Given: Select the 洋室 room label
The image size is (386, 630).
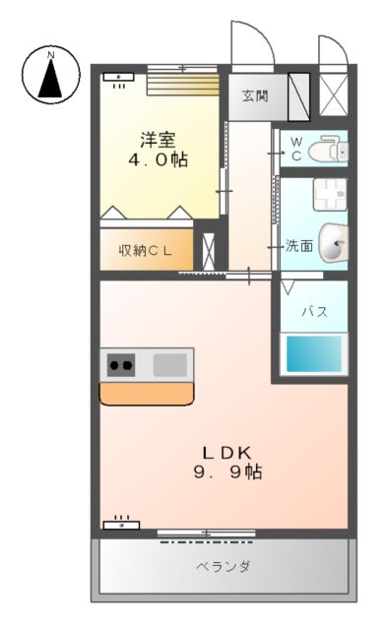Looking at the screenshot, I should [x=159, y=139].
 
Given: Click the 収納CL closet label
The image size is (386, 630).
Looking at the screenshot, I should [x=147, y=250].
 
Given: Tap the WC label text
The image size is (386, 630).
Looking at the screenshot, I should [x=294, y=149].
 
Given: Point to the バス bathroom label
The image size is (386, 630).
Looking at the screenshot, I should [x=313, y=311].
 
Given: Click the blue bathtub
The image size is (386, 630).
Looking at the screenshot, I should [x=315, y=352].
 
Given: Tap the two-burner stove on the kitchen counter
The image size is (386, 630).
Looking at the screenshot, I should [x=123, y=364].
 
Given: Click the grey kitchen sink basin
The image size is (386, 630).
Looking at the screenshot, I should [x=169, y=363].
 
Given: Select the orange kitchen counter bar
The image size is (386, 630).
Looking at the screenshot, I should [x=147, y=393].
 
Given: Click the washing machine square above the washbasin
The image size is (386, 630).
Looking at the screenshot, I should [x=329, y=194].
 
